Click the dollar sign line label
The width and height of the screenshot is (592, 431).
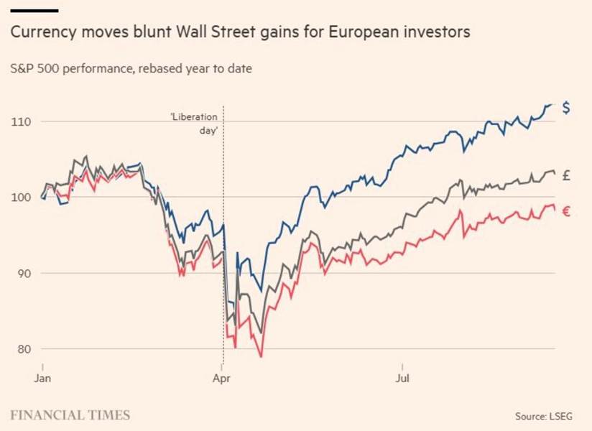pos(566,108)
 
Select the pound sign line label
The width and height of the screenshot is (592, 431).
pos(566,175)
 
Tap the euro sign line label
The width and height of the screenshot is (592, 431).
pos(566,211)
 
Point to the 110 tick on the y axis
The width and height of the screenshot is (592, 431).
pos(21,121)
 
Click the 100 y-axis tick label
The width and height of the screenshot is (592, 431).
pos(21,198)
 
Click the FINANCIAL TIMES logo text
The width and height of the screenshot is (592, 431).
pos(70,414)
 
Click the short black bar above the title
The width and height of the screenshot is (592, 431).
pos(34,10)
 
